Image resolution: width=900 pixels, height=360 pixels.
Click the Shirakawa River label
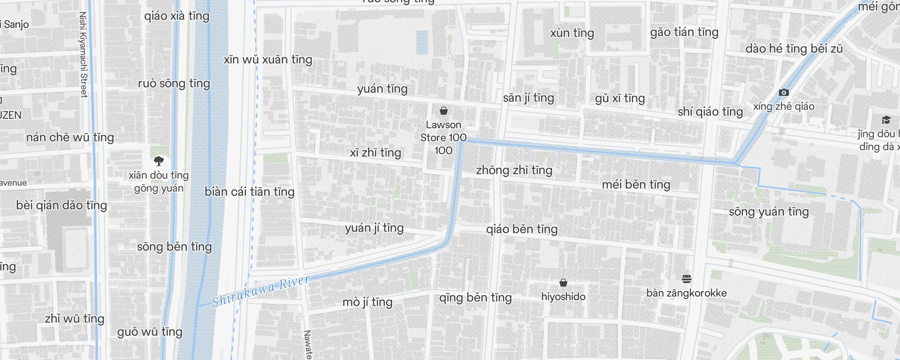pos(261,292)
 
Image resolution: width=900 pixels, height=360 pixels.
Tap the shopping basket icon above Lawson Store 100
pos(443,111)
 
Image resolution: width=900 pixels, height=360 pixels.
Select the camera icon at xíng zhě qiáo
pos(783,92)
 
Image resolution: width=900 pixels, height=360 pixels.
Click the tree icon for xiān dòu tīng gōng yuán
pos(158,161)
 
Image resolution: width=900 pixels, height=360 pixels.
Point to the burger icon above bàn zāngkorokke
pos(686,279)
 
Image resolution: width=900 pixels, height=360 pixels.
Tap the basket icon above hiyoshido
pos(563,283)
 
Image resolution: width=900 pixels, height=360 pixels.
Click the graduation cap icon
pos(886,120)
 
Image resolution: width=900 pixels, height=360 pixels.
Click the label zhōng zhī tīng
pos(514,170)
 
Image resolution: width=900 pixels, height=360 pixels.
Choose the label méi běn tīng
pos(636,184)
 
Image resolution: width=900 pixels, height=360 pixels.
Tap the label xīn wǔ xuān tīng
pos(268,59)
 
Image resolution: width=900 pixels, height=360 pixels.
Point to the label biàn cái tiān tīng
pos(249,192)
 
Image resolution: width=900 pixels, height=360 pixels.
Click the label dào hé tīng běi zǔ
pos(794,49)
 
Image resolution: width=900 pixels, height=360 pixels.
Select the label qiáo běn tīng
pos(522,229)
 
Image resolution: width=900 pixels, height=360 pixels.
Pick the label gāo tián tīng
pos(684,32)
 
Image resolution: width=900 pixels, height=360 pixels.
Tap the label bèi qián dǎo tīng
pos(62,205)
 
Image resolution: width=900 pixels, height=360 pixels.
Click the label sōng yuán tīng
pos(769,211)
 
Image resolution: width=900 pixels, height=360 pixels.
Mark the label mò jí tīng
pos(367,302)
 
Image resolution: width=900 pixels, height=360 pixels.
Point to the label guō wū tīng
pos(149,332)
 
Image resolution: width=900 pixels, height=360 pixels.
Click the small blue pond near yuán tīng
pos(422,42)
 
